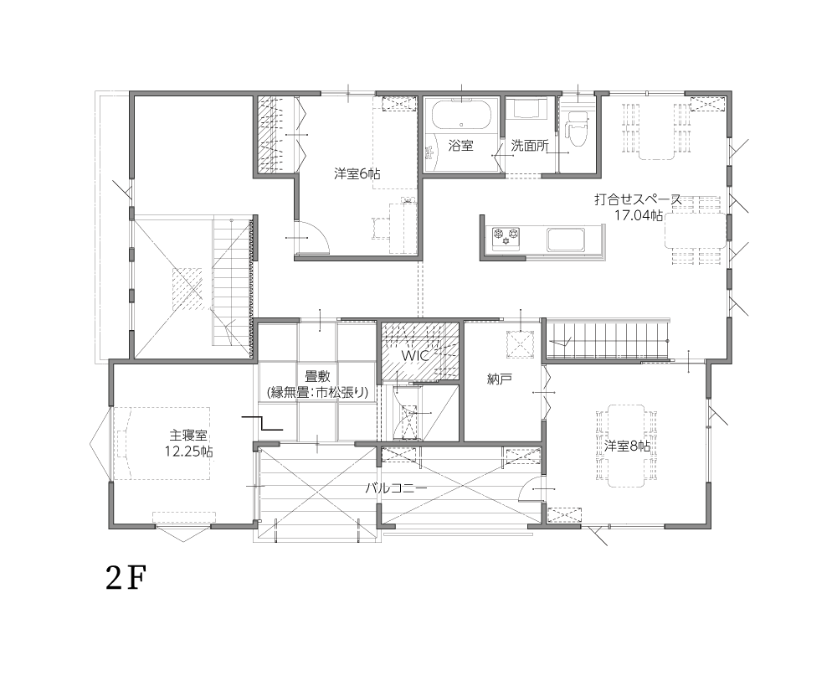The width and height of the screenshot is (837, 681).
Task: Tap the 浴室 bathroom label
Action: coord(460,145)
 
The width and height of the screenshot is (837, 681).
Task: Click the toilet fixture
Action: coord(574,128)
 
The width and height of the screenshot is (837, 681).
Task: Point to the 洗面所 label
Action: coord(530,145)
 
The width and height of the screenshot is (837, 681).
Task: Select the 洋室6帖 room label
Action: coord(357,173)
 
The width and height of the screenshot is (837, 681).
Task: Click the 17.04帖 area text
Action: coord(639,215)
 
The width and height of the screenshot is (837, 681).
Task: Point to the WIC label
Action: coord(415,356)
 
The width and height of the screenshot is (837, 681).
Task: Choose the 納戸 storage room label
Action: coord(500,379)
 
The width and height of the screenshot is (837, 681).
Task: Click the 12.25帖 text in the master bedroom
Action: coord(188,451)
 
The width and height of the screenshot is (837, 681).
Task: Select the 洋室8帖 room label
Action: coord(628,446)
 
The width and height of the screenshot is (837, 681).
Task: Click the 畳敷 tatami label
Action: coord(317,377)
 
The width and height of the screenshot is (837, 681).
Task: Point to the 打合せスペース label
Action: coord(638,199)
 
